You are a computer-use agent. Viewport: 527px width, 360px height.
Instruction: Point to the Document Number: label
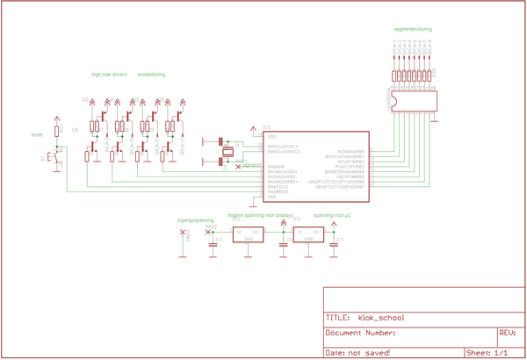pyautogui.click(x=360, y=334)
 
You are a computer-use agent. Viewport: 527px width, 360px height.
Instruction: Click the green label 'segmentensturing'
pyautogui.click(x=413, y=29)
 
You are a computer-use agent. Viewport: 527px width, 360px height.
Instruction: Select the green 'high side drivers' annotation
pyautogui.click(x=110, y=75)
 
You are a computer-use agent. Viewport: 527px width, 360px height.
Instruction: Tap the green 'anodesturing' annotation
pyautogui.click(x=151, y=75)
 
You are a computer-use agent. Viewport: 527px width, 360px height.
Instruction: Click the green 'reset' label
pyautogui.click(x=37, y=134)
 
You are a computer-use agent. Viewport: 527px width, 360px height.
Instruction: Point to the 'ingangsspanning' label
pyautogui.click(x=195, y=220)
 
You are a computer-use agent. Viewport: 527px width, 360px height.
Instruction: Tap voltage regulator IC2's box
pyautogui.click(x=248, y=234)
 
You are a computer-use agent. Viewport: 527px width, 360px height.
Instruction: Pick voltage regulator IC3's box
pyautogui.click(x=308, y=234)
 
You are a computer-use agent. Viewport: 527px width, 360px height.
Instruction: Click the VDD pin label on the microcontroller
pyautogui.click(x=272, y=137)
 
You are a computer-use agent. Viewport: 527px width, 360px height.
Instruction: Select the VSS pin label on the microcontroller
pyautogui.click(x=271, y=197)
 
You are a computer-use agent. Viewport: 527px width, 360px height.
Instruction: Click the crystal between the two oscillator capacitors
pyautogui.click(x=227, y=151)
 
